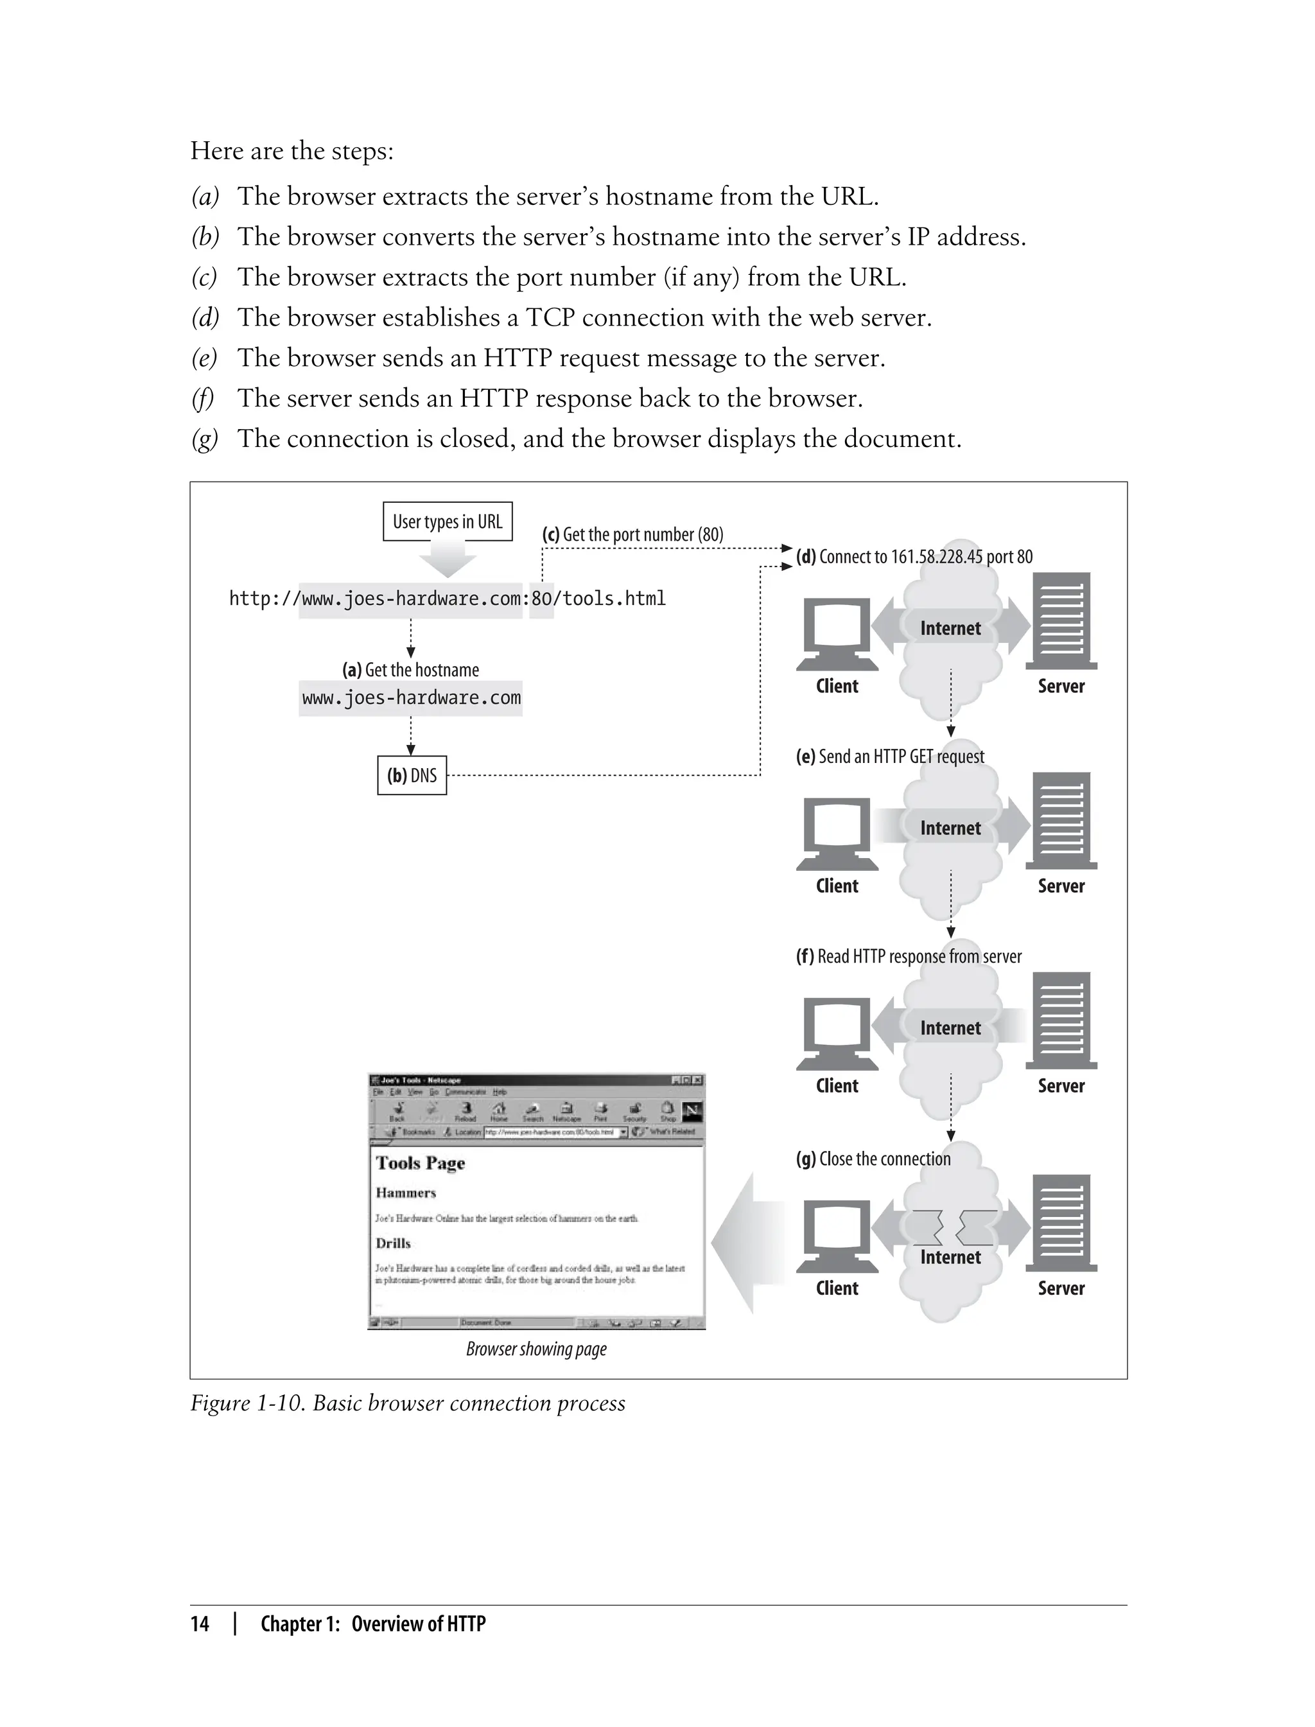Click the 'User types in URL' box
click(447, 522)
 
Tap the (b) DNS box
click(412, 775)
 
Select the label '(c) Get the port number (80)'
click(632, 535)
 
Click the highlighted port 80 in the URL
click(541, 599)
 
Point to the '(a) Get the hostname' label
click(410, 670)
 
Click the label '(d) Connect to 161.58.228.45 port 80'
click(914, 557)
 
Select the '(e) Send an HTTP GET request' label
click(890, 757)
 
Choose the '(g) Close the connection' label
click(873, 1159)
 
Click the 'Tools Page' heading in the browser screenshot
click(421, 1162)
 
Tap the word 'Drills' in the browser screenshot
click(393, 1243)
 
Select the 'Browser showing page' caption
click(536, 1349)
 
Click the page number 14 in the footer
click(200, 1624)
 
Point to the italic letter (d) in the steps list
click(205, 318)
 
